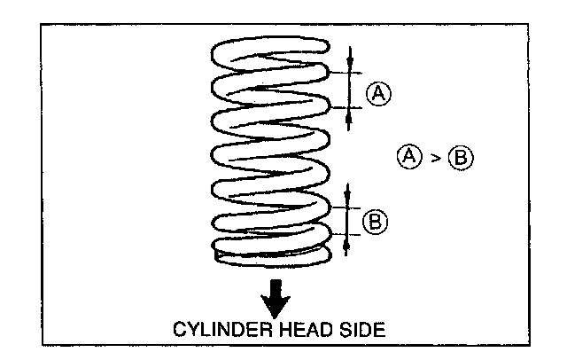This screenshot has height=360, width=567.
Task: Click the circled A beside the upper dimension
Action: pos(379,92)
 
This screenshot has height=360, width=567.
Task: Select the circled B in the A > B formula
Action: pos(462,158)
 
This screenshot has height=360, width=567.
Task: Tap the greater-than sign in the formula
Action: pos(434,158)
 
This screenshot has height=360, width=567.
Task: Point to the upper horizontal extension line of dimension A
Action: pos(341,71)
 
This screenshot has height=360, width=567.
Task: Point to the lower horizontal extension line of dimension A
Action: pos(341,106)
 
